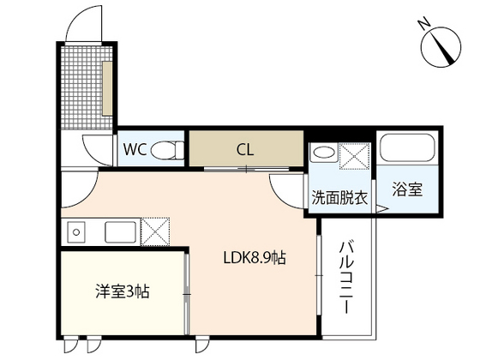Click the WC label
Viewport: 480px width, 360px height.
click(135, 149)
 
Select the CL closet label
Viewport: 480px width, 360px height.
click(245, 150)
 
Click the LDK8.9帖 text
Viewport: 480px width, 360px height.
click(255, 258)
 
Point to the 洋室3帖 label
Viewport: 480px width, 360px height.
click(123, 291)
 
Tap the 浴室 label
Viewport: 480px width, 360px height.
click(407, 189)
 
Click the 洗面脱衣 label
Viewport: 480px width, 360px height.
click(339, 198)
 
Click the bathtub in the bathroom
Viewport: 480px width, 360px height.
click(407, 147)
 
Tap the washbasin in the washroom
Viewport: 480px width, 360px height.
click(324, 153)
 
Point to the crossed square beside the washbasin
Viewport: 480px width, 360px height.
click(355, 156)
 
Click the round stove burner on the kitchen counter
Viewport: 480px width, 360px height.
click(76, 232)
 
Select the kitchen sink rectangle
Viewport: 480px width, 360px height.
click(120, 232)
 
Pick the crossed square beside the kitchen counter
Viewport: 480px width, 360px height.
click(155, 231)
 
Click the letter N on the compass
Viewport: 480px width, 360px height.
click(424, 25)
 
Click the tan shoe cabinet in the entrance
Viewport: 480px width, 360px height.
click(107, 89)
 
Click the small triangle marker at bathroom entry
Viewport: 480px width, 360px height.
click(381, 209)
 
